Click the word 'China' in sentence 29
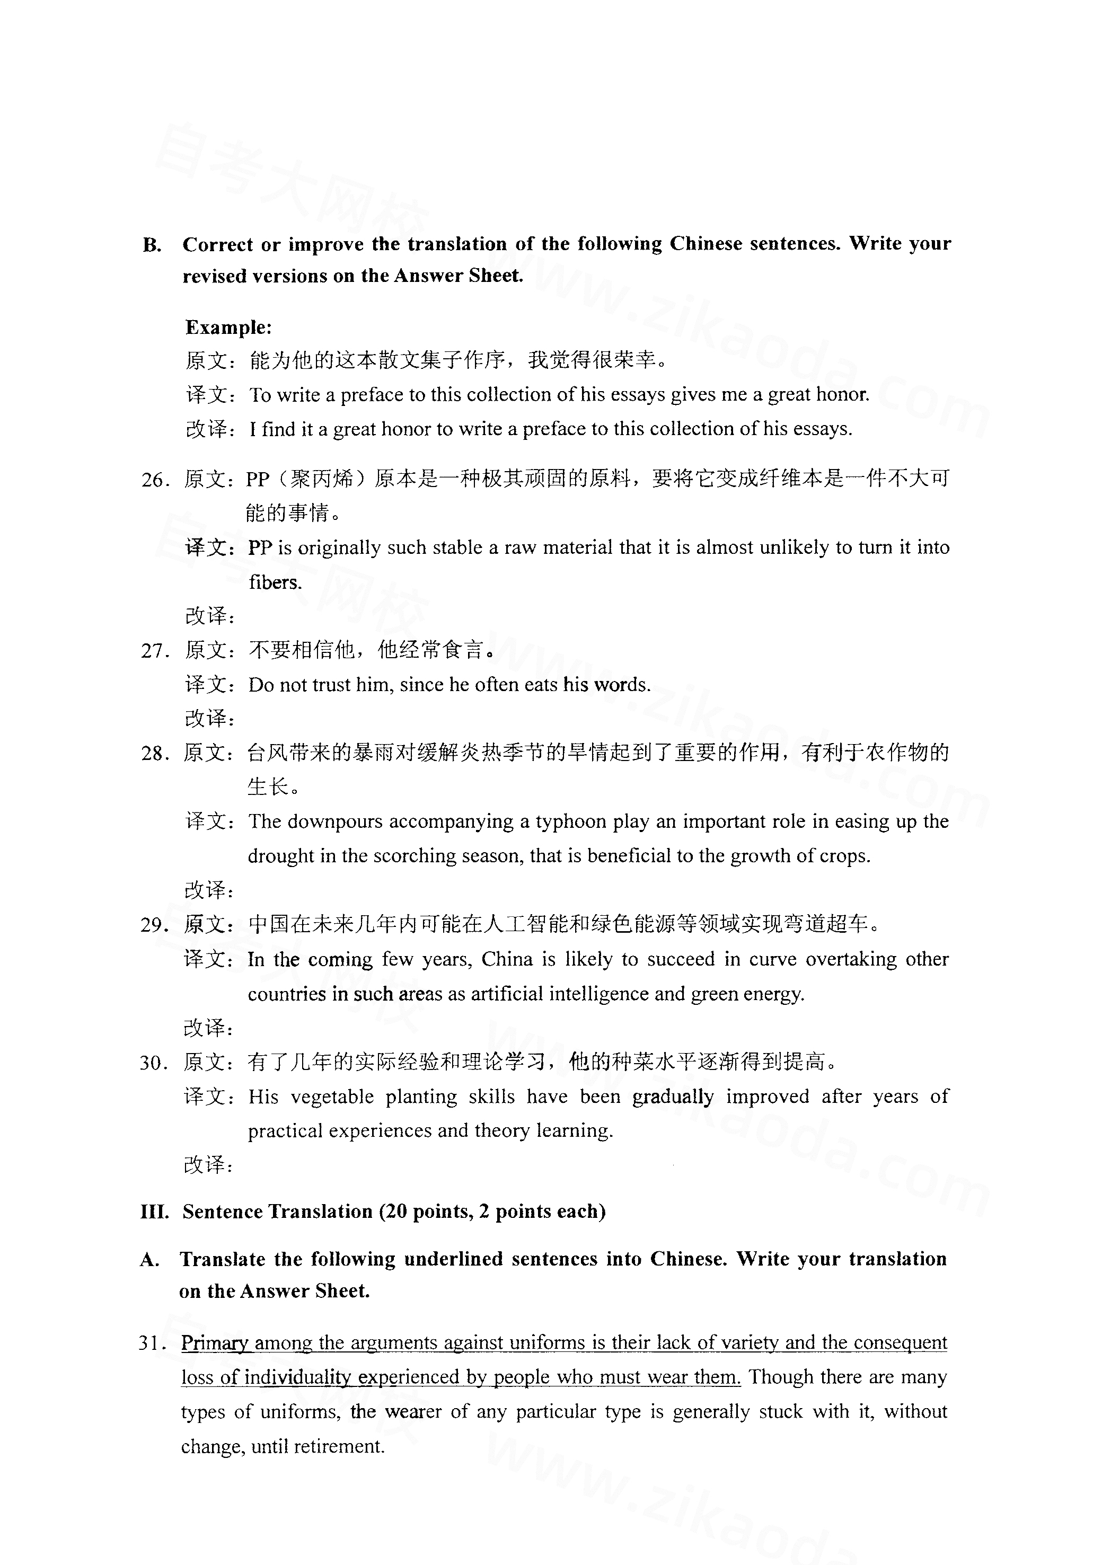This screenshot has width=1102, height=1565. (x=507, y=960)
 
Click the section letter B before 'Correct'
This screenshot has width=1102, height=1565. (x=152, y=245)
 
